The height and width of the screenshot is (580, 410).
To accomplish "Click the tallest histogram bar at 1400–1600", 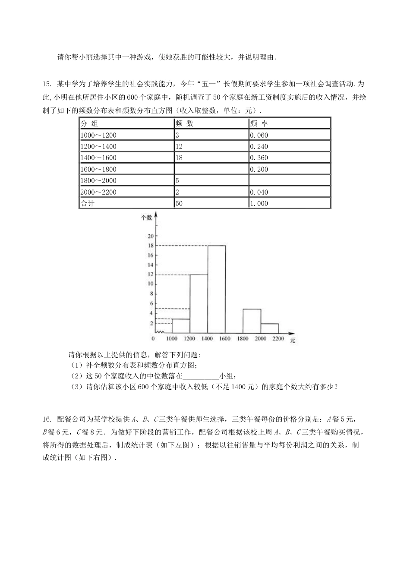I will click(217, 289).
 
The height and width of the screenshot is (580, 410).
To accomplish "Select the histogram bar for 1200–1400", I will click(199, 304).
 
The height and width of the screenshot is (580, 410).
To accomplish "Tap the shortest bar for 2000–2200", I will click(269, 328).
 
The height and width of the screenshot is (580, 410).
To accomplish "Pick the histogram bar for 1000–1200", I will click(181, 326).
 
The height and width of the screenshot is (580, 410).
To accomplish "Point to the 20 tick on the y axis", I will click(151, 236).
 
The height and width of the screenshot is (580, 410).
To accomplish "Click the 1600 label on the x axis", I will click(225, 339).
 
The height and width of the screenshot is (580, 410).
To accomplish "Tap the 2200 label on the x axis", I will click(278, 339).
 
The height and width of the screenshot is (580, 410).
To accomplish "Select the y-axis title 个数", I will click(147, 217).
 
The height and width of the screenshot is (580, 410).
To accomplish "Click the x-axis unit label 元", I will click(293, 340).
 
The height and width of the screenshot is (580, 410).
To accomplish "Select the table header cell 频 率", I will click(259, 123).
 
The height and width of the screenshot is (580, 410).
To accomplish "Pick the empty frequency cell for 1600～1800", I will click(211, 169).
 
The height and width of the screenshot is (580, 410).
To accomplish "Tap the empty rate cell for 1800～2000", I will click(289, 180).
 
